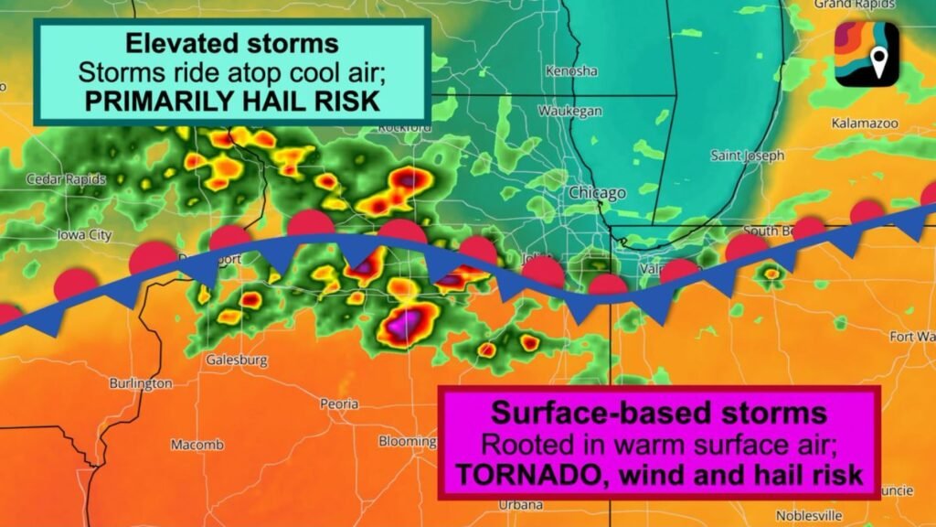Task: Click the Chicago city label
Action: click(597, 193)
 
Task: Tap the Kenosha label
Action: click(570, 70)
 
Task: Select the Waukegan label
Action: click(570, 111)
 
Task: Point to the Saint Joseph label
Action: click(747, 156)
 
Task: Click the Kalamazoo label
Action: click(865, 123)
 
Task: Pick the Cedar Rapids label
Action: click(66, 179)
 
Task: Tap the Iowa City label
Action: click(84, 235)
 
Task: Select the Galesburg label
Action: click(236, 360)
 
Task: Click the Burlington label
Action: click(140, 383)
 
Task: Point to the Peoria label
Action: click(339, 403)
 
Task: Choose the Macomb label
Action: click(197, 445)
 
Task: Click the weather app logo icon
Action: click(866, 54)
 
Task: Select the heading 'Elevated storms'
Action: click(231, 43)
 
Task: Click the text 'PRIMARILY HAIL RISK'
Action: click(231, 101)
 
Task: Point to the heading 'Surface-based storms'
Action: click(659, 411)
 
